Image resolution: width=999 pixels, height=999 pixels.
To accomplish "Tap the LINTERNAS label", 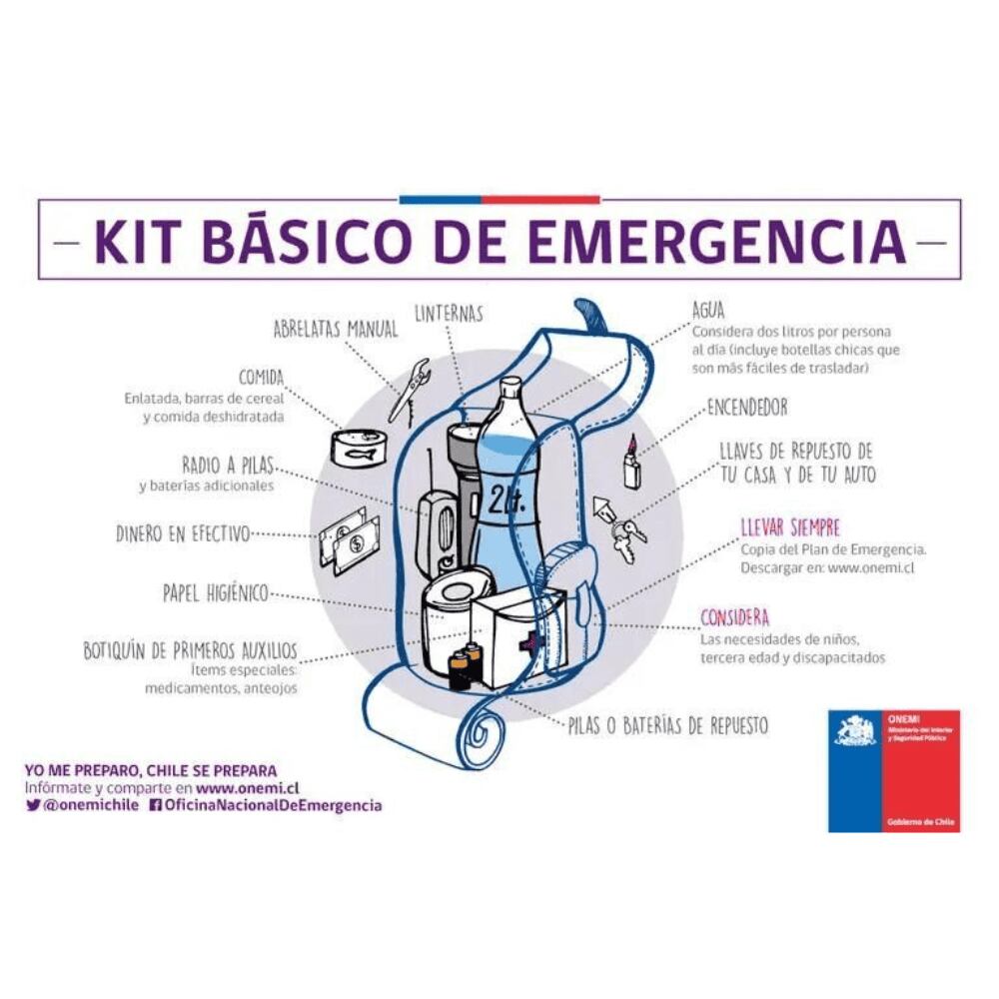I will click(449, 314).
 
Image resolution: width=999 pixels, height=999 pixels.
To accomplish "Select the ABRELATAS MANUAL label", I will click(336, 330).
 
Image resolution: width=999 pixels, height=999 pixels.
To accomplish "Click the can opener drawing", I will click(409, 390).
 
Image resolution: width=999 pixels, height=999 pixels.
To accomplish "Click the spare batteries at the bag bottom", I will click(465, 666).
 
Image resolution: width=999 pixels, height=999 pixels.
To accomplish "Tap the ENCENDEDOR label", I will click(747, 408).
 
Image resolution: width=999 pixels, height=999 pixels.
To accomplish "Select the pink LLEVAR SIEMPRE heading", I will click(790, 526).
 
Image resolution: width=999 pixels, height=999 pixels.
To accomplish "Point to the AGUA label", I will click(708, 311).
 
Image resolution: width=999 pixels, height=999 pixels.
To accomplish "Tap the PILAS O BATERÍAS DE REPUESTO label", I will click(668, 726).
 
